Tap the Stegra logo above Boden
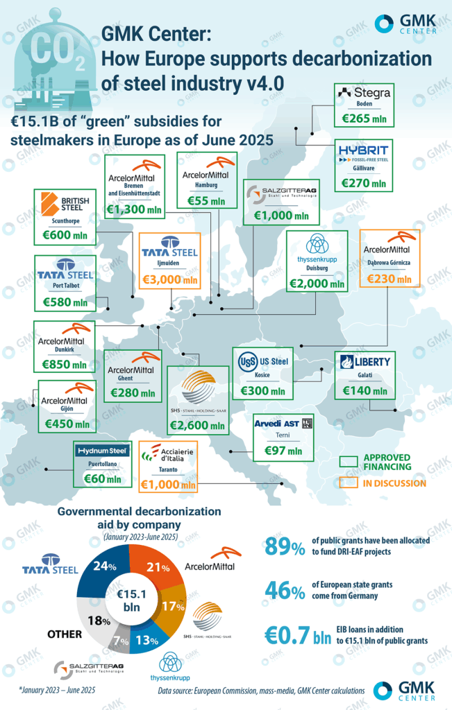tap(362, 92)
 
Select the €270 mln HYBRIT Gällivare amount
tap(363, 184)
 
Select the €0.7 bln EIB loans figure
tap(298, 637)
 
